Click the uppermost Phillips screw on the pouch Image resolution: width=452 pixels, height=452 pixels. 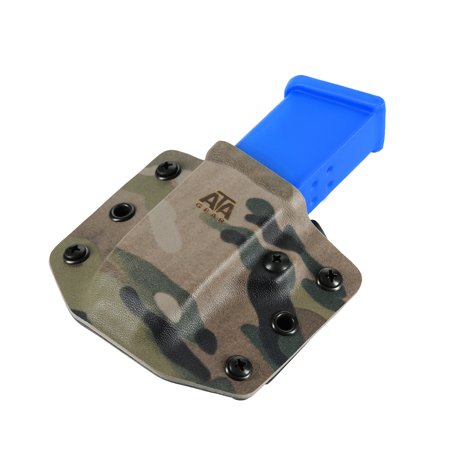coord(168,171)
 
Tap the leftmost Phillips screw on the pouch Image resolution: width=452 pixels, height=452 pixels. coord(76,254)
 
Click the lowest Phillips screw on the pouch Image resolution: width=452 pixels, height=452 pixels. coord(238,368)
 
